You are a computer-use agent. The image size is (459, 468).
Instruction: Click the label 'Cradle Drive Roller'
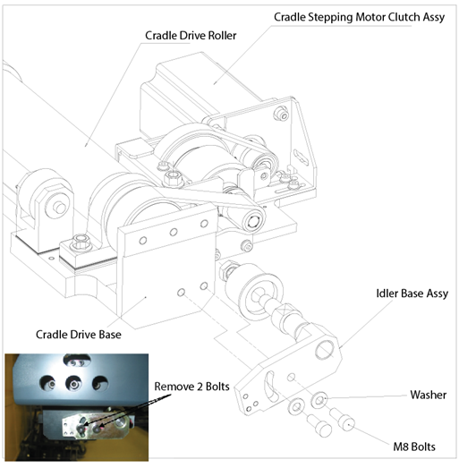(191, 36)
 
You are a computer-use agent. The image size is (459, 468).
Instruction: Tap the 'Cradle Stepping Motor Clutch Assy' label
(359, 17)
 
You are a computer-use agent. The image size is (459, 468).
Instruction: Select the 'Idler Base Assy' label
(412, 294)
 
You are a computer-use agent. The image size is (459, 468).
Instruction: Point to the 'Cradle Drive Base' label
(79, 335)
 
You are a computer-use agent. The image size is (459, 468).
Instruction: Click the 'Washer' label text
(429, 395)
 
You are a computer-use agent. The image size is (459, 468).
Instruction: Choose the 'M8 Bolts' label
(414, 447)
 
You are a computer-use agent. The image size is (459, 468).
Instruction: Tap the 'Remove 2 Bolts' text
(191, 387)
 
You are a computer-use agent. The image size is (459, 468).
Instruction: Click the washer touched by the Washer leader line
(319, 400)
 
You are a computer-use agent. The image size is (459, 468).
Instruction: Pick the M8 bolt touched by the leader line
(344, 421)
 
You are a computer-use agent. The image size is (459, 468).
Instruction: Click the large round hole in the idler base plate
(325, 350)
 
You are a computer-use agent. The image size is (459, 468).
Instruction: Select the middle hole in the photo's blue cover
(73, 384)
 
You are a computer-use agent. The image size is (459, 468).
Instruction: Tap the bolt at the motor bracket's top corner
(282, 114)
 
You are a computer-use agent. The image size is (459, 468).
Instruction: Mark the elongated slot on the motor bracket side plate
(302, 157)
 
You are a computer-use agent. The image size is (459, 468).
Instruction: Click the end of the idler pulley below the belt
(254, 220)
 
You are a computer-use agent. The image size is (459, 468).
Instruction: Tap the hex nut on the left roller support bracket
(57, 205)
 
